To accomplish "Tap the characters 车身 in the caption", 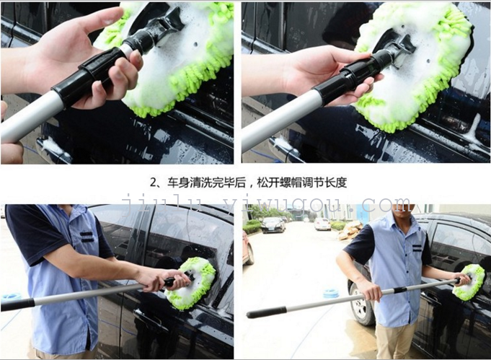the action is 177,183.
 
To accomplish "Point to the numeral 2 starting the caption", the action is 153,183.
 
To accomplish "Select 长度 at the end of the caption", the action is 337,183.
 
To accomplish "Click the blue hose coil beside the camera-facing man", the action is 331,293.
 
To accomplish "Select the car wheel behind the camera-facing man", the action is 360,302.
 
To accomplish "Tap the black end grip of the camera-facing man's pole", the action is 267,312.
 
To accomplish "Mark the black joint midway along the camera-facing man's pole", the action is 400,290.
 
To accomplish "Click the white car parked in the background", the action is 322,224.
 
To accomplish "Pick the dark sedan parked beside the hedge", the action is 273,224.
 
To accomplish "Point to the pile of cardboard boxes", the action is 350,231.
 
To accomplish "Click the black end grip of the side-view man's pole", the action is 17,304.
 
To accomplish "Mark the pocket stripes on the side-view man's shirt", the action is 87,237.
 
